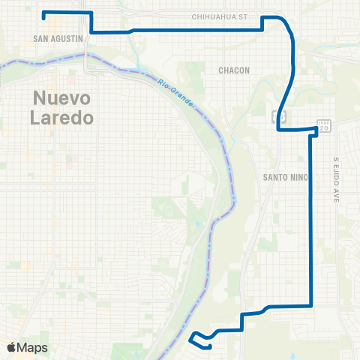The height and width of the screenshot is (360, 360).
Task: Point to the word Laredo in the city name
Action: pos(63,117)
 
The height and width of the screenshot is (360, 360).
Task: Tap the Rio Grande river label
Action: pos(175,94)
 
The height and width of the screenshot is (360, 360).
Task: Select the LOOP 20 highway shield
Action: pos(324,125)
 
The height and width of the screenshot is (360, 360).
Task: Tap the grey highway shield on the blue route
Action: pos(280,116)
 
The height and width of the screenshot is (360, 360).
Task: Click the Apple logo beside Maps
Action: pos(11,347)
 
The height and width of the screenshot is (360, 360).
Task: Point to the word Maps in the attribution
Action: pos(32,347)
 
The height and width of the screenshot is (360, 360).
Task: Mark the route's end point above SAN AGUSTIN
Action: pos(44,13)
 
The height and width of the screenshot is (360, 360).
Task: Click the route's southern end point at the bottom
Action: pos(209,346)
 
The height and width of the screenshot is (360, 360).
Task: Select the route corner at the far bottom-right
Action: pos(310,305)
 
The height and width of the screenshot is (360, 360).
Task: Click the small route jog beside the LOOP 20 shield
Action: pos(313,132)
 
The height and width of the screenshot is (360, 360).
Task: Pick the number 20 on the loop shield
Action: pos(324,128)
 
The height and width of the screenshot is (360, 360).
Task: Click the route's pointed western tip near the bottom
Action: pos(191,337)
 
